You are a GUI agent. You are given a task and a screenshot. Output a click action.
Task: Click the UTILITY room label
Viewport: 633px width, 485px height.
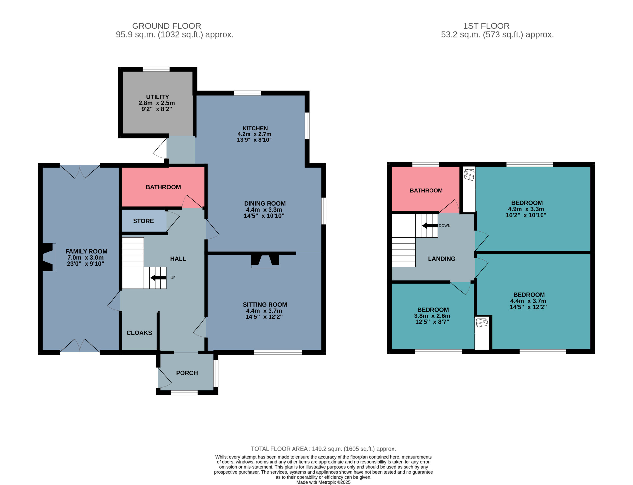(157, 97)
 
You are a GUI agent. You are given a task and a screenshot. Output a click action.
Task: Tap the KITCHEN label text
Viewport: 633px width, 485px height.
(255, 128)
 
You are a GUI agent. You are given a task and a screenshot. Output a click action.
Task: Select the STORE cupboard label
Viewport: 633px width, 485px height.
(143, 221)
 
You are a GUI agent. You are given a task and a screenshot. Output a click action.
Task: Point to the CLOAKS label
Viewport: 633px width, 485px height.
(139, 333)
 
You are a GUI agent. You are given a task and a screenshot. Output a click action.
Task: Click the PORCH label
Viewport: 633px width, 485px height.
(187, 373)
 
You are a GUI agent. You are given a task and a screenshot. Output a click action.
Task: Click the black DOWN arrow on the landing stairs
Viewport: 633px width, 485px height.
(430, 225)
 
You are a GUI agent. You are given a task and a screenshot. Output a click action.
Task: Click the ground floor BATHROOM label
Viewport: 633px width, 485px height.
(163, 187)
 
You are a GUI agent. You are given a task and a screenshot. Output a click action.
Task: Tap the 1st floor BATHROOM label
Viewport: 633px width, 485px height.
(426, 191)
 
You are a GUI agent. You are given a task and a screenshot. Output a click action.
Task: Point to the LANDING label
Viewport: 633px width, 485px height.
(441, 259)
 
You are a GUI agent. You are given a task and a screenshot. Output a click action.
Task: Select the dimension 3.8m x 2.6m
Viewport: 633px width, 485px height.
(432, 316)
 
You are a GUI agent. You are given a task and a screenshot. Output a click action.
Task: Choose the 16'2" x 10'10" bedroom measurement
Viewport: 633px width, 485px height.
(526, 215)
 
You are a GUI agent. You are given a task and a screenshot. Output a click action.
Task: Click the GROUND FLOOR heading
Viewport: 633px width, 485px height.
(166, 26)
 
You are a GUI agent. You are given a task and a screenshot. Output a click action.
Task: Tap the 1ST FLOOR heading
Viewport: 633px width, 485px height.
(486, 26)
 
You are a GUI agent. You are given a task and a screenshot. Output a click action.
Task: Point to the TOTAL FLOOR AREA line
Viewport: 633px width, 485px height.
(323, 449)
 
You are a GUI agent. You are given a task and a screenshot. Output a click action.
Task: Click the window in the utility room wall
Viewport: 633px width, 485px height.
(156, 69)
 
